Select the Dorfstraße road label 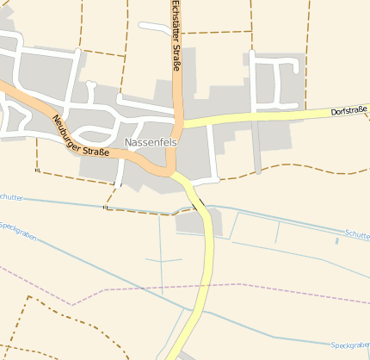[x=348, y=112]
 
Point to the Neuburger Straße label [x=80, y=136]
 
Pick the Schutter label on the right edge [x=357, y=234]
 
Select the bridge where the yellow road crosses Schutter [x=201, y=207]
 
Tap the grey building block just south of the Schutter [x=194, y=223]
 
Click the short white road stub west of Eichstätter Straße [x=154, y=27]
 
